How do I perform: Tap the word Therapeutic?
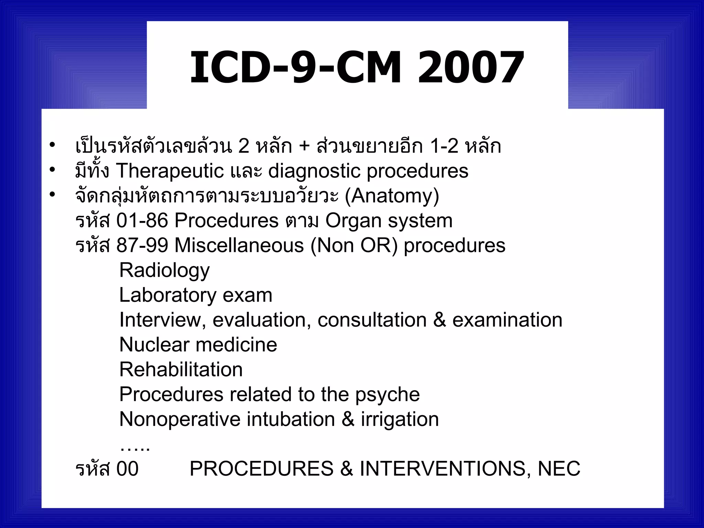pyautogui.click(x=170, y=171)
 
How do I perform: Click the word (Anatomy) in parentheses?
pyautogui.click(x=392, y=196)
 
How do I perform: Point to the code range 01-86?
pyautogui.click(x=142, y=220)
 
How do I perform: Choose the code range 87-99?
pyautogui.click(x=142, y=245)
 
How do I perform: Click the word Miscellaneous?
pyautogui.click(x=239, y=245)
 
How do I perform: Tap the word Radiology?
pyautogui.click(x=164, y=271)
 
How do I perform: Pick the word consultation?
pyautogui.click(x=372, y=320)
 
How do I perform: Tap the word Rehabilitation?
pyautogui.click(x=181, y=370)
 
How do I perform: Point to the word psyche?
pyautogui.click(x=387, y=395)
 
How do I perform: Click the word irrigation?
pyautogui.click(x=400, y=419)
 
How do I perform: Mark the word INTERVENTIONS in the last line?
pyautogui.click(x=442, y=469)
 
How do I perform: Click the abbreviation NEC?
pyautogui.click(x=559, y=469)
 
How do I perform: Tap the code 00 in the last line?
pyautogui.click(x=128, y=469)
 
